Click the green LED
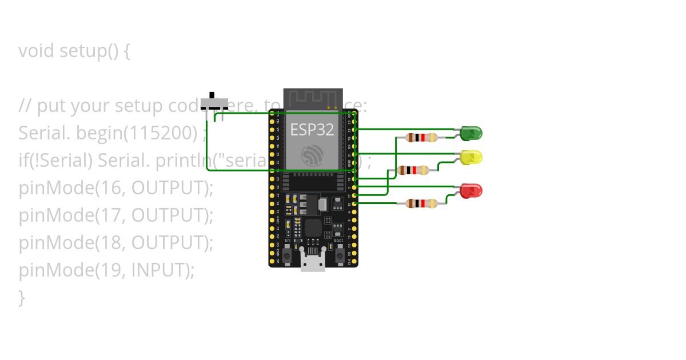pyautogui.click(x=472, y=134)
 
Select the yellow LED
pyautogui.click(x=472, y=157)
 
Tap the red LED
pyautogui.click(x=472, y=191)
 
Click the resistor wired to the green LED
pyautogui.click(x=421, y=137)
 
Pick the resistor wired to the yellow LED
pyautogui.click(x=413, y=170)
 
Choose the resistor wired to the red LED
pyautogui.click(x=421, y=203)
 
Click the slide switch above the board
pyautogui.click(x=214, y=103)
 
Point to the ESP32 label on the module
pyautogui.click(x=312, y=130)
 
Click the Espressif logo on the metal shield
pyautogui.click(x=313, y=154)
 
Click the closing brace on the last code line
pyautogui.click(x=22, y=297)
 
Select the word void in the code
pyautogui.click(x=37, y=51)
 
